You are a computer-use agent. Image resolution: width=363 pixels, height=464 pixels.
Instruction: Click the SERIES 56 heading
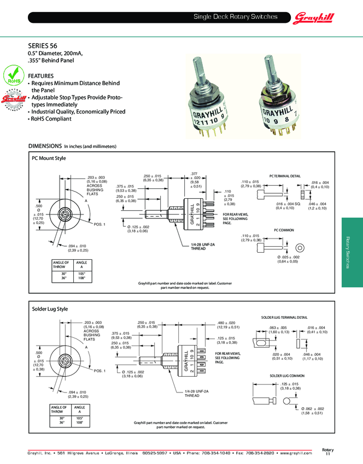pos(43,46)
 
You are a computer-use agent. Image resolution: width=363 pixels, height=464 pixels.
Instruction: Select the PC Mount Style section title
pos(49,158)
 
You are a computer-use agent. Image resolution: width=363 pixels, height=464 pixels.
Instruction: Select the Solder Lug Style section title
pos(50,309)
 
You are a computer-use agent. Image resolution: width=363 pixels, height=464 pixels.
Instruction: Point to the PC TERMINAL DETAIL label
pos(285,176)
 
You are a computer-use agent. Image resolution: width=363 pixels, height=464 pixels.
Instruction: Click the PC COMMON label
pos(284,230)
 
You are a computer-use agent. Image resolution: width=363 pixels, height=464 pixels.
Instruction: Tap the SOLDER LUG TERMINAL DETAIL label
pos(284,317)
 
